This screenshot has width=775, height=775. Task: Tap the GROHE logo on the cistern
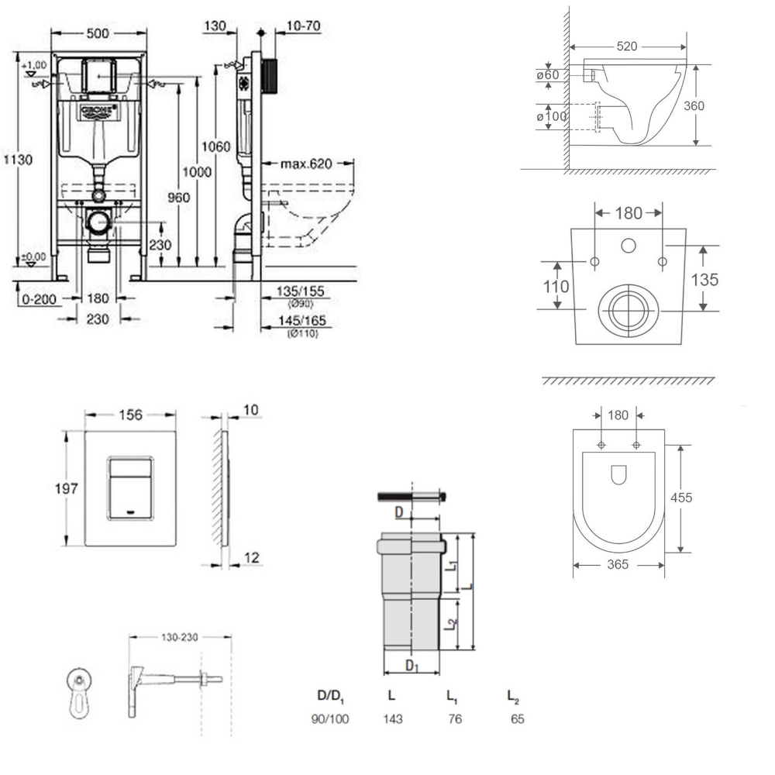97,110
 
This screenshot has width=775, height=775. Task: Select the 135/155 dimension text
299,291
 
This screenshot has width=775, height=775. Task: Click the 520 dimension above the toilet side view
628,46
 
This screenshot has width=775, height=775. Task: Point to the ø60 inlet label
549,75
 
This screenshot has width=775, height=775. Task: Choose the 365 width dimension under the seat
618,565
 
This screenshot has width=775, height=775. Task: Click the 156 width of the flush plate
130,415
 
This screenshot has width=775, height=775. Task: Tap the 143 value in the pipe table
393,718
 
